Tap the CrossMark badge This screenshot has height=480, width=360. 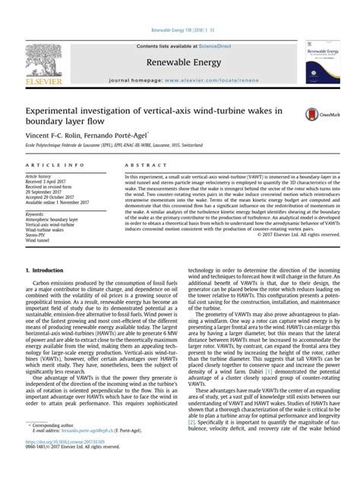coord(316,115)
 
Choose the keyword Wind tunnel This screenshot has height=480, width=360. coord(39,242)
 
